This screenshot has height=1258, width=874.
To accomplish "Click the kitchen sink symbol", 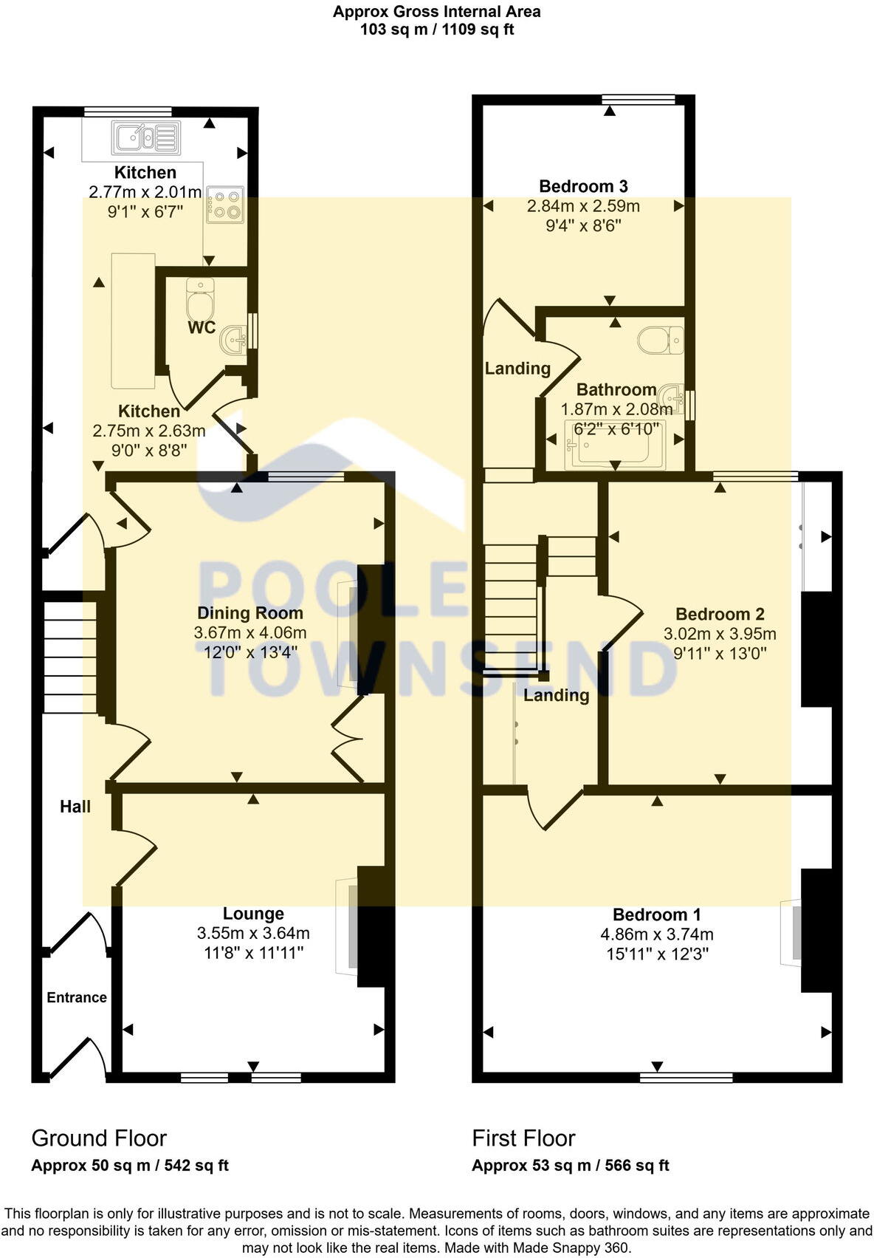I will coord(146,137).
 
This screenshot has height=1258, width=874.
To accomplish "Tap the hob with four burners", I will coord(225,205).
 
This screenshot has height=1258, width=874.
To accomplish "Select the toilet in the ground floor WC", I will coord(200,298).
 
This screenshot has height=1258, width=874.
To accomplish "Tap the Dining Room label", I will coord(250,612).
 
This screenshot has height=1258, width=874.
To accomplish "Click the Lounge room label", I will coord(253,914).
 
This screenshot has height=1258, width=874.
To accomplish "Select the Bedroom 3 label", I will coord(583,186).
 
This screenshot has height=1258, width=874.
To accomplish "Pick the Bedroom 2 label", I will coord(720,614).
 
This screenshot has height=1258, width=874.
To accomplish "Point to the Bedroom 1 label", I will coord(656,915).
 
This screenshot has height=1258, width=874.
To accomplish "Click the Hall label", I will coord(75,807).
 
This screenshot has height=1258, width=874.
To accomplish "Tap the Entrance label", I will coord(77,997).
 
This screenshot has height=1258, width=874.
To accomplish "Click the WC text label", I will coord(202,327).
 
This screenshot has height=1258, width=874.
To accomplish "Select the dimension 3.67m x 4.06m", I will coord(250,632).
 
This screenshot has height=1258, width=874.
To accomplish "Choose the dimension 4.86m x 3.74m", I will coord(656,934).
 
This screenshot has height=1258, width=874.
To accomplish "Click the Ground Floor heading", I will coord(99,1138).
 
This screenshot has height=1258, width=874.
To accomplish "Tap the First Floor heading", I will coord(523,1138).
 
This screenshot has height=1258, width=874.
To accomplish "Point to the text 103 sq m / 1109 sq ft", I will coord(437,30).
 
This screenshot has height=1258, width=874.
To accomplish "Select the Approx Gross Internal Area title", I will coord(437,12).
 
